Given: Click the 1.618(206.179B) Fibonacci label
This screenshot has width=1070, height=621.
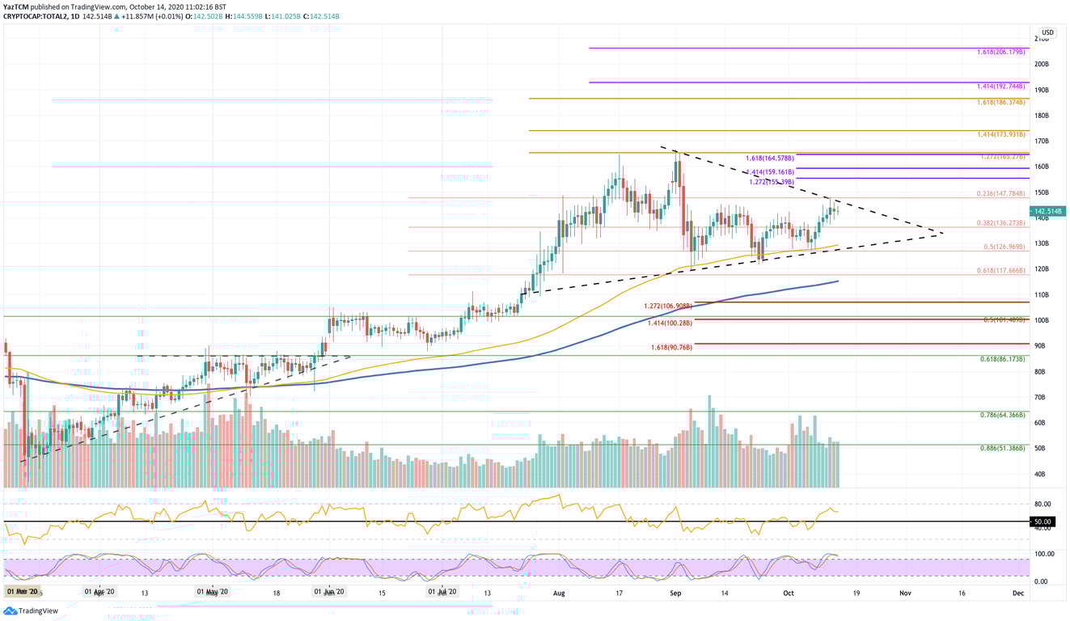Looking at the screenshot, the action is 1001,51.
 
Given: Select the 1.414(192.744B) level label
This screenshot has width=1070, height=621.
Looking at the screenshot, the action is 1001,85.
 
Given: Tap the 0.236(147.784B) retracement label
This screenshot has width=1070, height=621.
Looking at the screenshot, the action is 1001,194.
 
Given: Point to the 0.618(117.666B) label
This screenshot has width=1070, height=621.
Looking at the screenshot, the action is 1001,271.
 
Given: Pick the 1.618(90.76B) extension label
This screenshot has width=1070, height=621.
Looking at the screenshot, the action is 671,348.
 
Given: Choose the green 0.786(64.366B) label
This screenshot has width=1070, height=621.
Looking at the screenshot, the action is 1001,415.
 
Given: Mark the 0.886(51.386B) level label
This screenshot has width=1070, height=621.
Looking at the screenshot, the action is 1001,448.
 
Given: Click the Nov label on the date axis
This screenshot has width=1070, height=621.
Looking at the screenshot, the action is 905,593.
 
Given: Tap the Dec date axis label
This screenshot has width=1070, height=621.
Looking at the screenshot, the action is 1018,593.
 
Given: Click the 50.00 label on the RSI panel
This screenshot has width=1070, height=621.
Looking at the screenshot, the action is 1041,522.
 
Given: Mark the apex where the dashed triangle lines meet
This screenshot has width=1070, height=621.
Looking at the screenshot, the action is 943,234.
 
